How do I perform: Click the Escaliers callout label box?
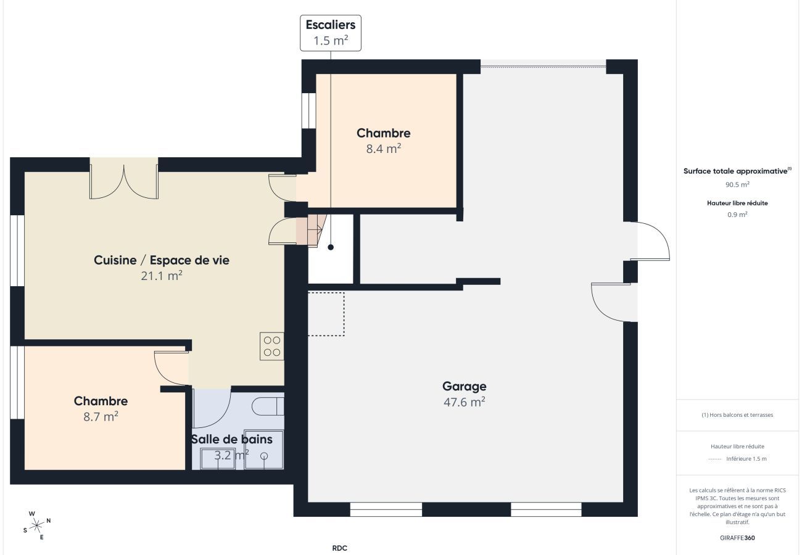click(x=330, y=33)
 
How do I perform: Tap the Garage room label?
click(x=464, y=387)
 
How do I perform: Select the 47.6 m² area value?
click(x=464, y=402)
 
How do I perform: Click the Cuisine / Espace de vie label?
click(x=162, y=260)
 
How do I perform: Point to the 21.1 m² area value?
click(x=162, y=276)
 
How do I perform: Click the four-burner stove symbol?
click(x=271, y=346)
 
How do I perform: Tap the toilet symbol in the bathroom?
click(x=268, y=407)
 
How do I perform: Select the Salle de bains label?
click(x=231, y=440)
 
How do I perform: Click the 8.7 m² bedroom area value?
click(x=101, y=417)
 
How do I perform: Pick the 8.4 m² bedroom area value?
click(x=383, y=149)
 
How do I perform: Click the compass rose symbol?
click(x=37, y=525)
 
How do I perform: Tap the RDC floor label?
click(x=340, y=548)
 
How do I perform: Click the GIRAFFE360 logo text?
click(x=737, y=538)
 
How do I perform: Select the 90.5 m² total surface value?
click(x=737, y=184)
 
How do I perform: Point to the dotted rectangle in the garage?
click(x=326, y=314)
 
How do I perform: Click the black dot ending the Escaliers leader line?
click(x=331, y=247)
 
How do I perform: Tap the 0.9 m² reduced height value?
click(x=737, y=215)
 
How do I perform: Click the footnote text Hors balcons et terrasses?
click(x=737, y=415)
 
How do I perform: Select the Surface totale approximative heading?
click(x=736, y=171)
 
